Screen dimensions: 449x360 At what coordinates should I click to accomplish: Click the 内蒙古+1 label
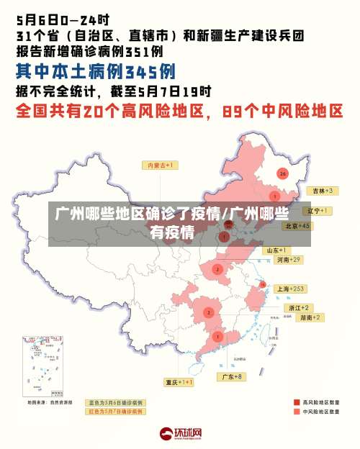[162, 165]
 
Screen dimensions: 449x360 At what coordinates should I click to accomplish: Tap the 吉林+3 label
[320, 191]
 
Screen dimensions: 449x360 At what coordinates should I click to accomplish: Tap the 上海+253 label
[292, 289]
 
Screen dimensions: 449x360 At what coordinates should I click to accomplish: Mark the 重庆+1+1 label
[179, 382]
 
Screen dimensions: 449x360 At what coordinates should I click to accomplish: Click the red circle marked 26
[283, 173]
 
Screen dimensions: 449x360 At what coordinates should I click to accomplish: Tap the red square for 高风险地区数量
[296, 403]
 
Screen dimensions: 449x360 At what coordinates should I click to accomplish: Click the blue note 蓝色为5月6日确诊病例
[115, 403]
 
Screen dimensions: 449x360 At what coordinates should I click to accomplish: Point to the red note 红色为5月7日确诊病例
[115, 412]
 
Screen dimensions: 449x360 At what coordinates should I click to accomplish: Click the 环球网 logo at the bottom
[180, 434]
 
